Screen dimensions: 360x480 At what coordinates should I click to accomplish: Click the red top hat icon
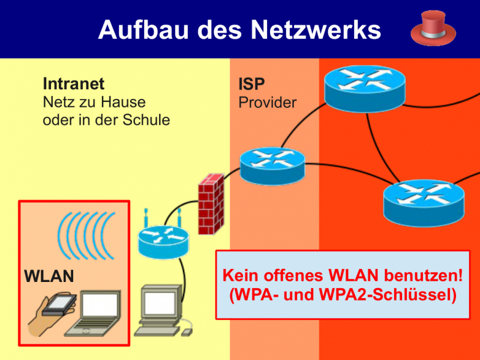point(433,29)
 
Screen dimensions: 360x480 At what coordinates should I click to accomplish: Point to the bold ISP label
point(251,84)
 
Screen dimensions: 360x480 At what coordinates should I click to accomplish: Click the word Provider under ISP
point(268,103)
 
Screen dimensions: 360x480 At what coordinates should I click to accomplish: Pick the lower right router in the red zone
point(424,202)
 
